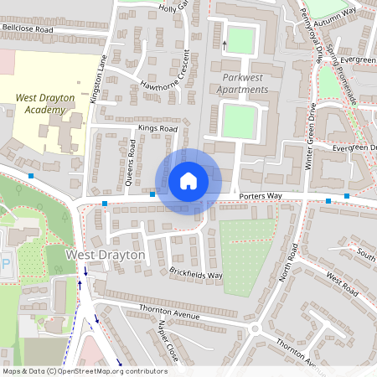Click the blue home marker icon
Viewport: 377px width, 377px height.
188,180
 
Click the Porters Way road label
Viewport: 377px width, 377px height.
261,197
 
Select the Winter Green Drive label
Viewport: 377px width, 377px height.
309,137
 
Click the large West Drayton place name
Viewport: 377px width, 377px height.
106,255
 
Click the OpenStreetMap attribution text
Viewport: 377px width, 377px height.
85,371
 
